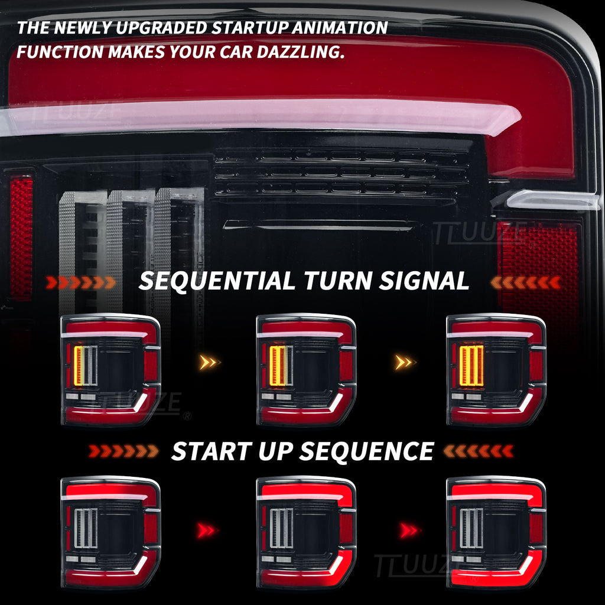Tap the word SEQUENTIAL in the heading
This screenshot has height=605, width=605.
click(x=217, y=281)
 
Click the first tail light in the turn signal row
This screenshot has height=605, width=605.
click(x=110, y=370)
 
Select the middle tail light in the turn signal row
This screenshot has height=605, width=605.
click(x=306, y=370)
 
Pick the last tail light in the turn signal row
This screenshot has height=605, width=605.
click(x=496, y=370)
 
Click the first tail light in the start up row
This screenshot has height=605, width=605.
click(x=110, y=532)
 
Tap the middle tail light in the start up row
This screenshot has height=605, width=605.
click(x=306, y=532)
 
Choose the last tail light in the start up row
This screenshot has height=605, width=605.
click(x=496, y=532)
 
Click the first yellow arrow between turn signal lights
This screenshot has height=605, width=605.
click(x=209, y=362)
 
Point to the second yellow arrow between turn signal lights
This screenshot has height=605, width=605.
click(x=406, y=362)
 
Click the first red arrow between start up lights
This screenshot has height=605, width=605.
click(x=207, y=530)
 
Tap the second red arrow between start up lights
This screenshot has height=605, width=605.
click(x=409, y=530)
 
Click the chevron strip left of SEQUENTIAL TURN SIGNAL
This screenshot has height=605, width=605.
click(x=81, y=282)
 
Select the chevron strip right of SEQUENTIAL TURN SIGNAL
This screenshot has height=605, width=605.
click(x=526, y=282)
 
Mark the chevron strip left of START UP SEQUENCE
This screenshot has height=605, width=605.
click(x=123, y=452)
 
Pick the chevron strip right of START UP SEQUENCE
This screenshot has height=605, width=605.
click(x=478, y=452)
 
